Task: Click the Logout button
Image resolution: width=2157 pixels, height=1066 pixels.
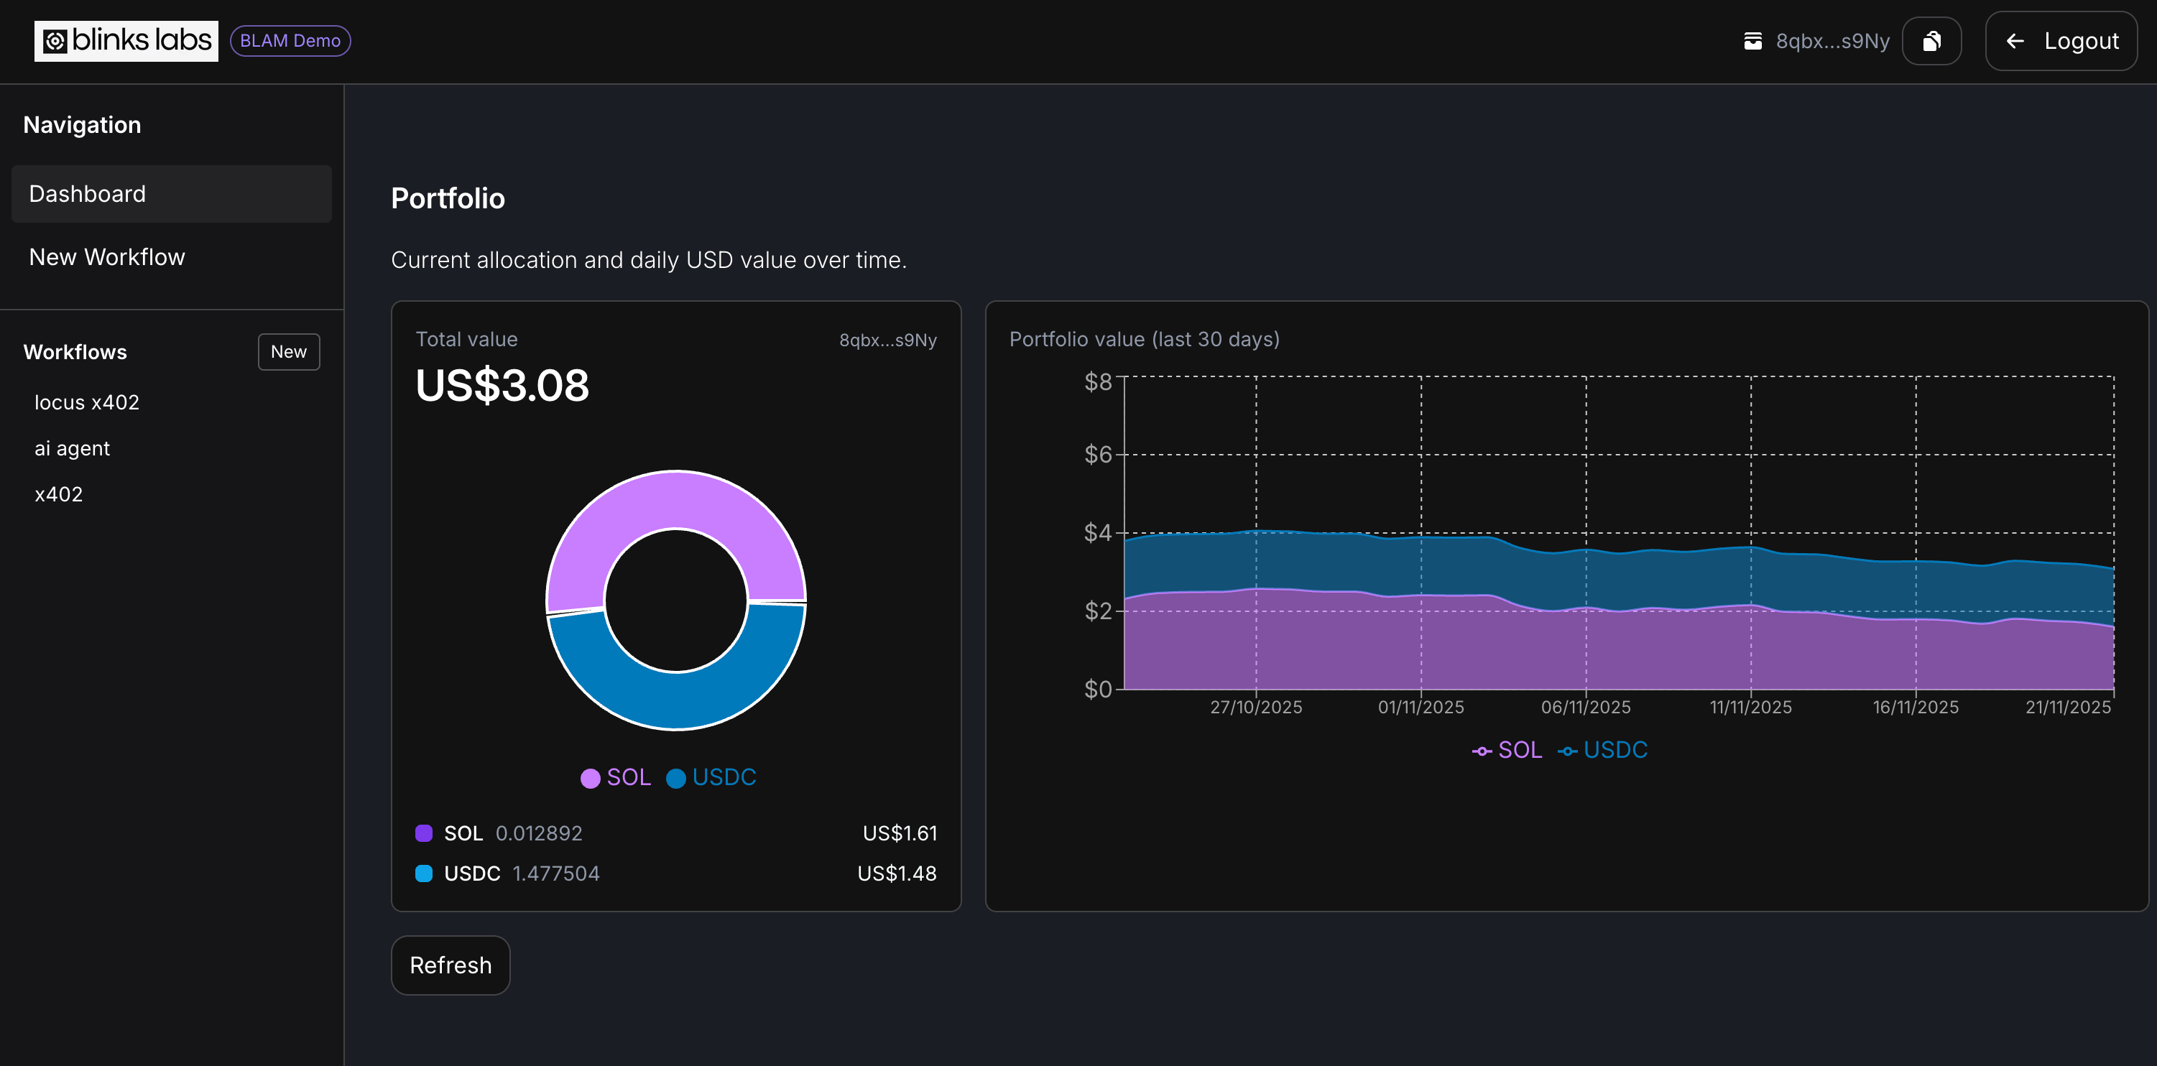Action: click(x=2061, y=41)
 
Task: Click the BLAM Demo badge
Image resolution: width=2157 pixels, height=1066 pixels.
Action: click(x=290, y=41)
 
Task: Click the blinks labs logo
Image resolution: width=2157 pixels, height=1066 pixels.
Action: click(x=126, y=41)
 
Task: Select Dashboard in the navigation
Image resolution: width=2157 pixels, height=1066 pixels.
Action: click(x=172, y=193)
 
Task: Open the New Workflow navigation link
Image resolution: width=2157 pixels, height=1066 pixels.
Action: click(x=107, y=257)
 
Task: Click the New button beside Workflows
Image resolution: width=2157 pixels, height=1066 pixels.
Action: click(x=288, y=352)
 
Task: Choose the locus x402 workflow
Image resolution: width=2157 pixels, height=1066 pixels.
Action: click(x=87, y=403)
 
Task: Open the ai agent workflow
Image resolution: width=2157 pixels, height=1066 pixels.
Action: click(x=72, y=449)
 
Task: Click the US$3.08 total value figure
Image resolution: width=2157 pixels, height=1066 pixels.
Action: click(x=502, y=386)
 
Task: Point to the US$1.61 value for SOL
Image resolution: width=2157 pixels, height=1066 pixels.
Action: click(x=900, y=833)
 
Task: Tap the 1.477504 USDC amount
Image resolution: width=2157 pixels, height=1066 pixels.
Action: click(x=556, y=873)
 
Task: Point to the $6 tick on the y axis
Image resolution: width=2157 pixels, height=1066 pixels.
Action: click(x=1097, y=455)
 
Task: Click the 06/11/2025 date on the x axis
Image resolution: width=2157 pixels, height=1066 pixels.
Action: click(x=1585, y=707)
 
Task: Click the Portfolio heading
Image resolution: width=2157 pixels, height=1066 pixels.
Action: click(x=448, y=198)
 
